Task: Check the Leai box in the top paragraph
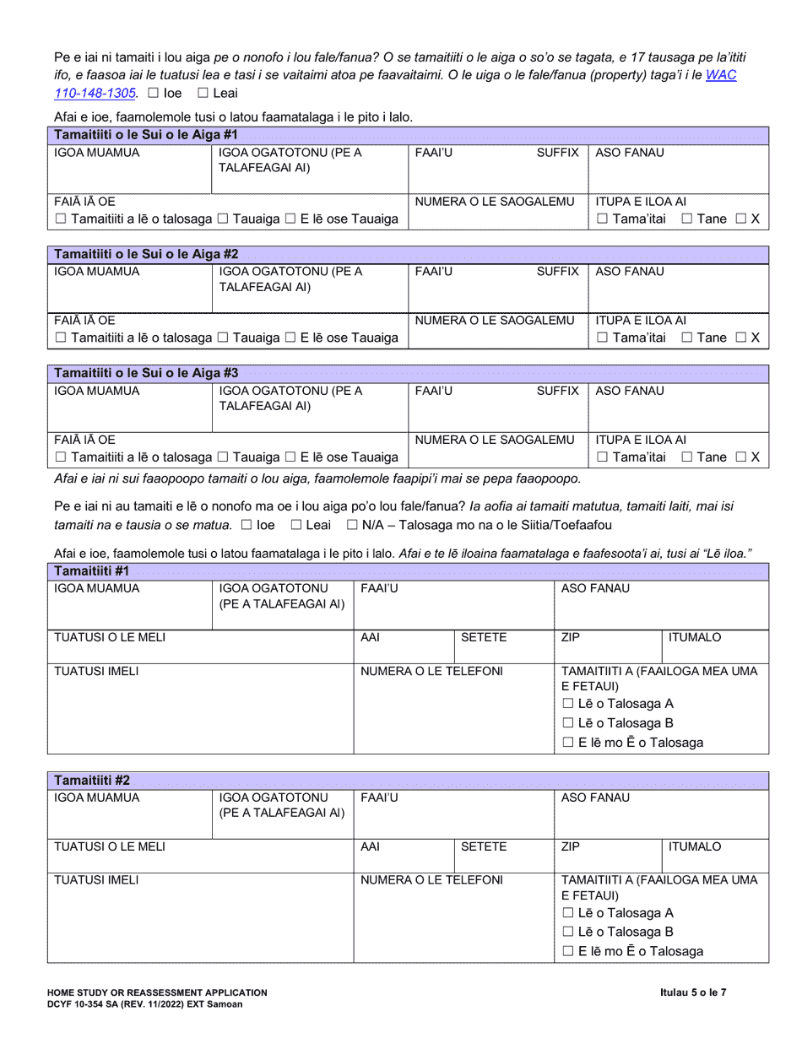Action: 202,94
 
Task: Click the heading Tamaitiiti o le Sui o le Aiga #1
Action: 146,135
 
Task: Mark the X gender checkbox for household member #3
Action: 740,457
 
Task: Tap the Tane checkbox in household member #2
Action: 686,338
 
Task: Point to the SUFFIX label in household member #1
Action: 558,153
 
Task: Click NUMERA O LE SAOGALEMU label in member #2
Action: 496,321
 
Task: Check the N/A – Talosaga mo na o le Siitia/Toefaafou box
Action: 353,525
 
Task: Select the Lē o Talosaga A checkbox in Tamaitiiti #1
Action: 568,704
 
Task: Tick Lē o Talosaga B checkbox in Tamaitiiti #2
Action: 568,932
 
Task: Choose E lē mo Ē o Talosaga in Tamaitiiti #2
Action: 568,951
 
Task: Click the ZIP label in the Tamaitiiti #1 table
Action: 571,637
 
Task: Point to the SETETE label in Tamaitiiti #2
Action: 484,846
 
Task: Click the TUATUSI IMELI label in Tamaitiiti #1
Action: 97,671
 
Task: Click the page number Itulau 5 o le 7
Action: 693,993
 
